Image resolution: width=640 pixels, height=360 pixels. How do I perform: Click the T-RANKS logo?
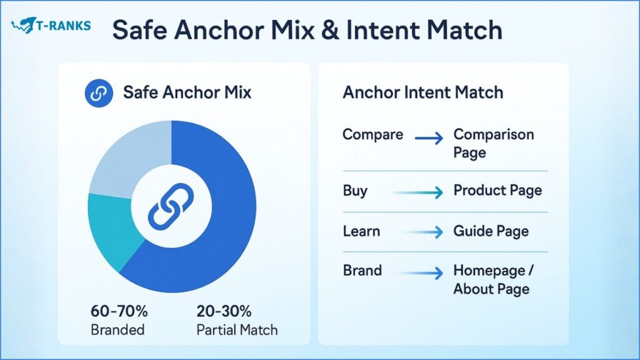pyautogui.click(x=51, y=25)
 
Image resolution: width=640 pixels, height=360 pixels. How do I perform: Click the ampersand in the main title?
pyautogui.click(x=330, y=30)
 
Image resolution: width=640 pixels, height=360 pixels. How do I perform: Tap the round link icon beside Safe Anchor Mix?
pyautogui.click(x=99, y=93)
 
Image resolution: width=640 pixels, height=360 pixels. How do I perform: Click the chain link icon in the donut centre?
pyautogui.click(x=171, y=206)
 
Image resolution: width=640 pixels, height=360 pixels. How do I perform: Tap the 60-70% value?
pyautogui.click(x=119, y=311)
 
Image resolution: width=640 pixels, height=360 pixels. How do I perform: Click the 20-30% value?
pyautogui.click(x=224, y=311)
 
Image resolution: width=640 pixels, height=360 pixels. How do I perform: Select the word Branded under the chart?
pyautogui.click(x=117, y=330)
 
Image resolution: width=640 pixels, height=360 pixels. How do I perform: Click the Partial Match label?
pyautogui.click(x=237, y=330)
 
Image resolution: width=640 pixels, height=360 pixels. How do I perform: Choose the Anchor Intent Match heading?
pyautogui.click(x=423, y=92)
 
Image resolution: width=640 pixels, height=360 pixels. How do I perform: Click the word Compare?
pyautogui.click(x=372, y=135)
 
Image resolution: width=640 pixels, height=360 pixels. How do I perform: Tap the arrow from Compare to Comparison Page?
pyautogui.click(x=429, y=138)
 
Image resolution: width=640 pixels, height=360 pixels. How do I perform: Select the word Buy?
pyautogui.click(x=355, y=191)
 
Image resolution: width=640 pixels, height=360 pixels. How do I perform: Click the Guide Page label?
pyautogui.click(x=491, y=231)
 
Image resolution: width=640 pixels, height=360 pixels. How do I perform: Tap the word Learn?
pyautogui.click(x=361, y=231)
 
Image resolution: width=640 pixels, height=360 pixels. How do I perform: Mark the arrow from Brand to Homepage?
pyautogui.click(x=422, y=272)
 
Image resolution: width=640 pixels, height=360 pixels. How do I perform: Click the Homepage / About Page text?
pyautogui.click(x=494, y=279)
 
